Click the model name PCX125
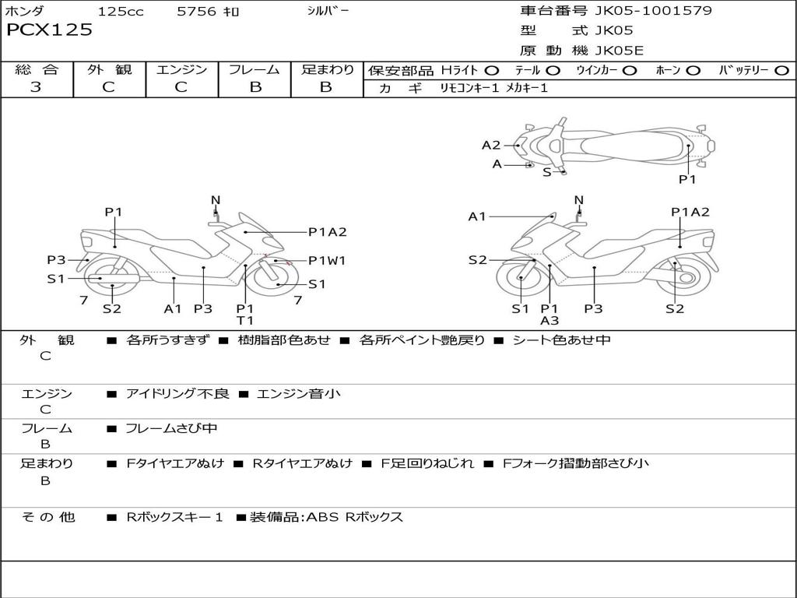(x=49, y=30)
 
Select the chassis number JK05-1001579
(x=654, y=11)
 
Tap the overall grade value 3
(x=36, y=87)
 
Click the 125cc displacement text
(x=121, y=12)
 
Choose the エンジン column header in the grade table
(x=181, y=70)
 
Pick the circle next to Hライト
(x=491, y=71)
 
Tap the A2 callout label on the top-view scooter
(x=491, y=145)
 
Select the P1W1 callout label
(x=327, y=261)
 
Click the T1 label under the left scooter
(x=245, y=320)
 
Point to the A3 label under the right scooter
(x=549, y=320)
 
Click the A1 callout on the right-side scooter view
(x=477, y=216)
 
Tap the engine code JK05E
(x=620, y=51)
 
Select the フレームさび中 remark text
(x=171, y=428)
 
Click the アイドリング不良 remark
(x=177, y=394)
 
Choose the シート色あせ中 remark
(x=561, y=340)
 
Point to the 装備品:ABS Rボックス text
(x=326, y=517)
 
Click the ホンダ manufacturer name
(x=25, y=12)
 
